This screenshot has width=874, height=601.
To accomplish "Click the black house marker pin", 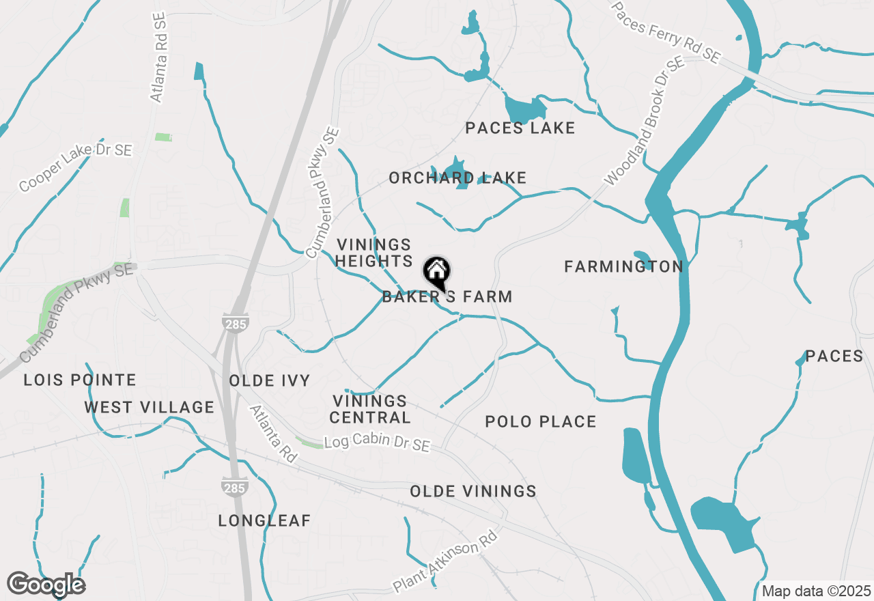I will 437,272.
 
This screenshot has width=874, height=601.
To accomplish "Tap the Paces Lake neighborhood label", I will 520,128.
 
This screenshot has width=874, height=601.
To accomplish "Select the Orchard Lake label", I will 457,178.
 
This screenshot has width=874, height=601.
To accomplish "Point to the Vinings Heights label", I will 373,253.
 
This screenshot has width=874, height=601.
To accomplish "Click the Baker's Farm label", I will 447,297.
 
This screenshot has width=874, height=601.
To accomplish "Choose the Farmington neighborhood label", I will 623,267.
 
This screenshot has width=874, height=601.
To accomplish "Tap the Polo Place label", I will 540,422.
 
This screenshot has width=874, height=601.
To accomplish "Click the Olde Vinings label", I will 473,492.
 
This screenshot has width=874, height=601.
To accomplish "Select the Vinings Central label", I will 371,409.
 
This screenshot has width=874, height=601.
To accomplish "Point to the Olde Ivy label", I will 269,381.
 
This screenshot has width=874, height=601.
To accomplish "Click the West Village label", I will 149,408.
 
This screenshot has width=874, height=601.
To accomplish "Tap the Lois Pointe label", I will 80,380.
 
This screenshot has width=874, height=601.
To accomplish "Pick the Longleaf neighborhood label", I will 264,521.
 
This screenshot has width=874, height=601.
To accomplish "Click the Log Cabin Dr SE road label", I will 377,443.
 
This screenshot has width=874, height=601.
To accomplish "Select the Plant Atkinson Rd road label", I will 445,562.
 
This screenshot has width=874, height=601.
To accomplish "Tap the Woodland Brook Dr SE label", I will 644,122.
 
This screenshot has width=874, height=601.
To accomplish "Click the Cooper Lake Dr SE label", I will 75,167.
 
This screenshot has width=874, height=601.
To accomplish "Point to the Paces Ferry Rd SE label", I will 666,33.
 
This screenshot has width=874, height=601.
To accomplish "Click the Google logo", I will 46,585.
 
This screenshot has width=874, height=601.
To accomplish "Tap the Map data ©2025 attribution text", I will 816,591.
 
